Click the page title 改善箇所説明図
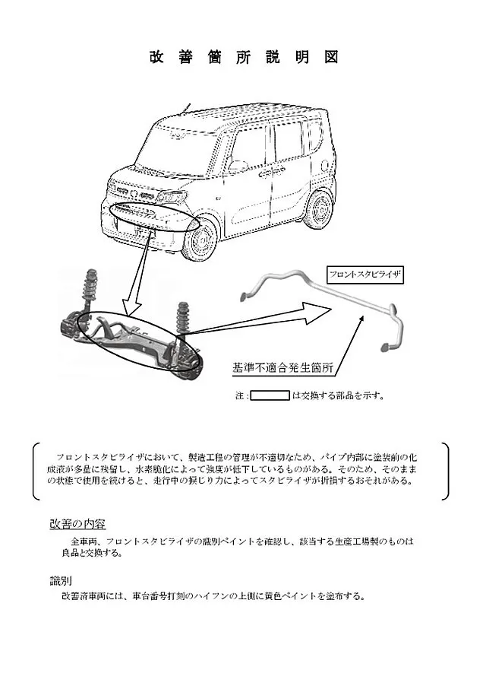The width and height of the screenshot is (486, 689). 244,57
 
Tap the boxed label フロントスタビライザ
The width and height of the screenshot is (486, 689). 365,275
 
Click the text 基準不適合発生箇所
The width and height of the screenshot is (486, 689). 282,367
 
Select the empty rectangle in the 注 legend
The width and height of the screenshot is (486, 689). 270,395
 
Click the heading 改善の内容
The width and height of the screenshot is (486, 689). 77,524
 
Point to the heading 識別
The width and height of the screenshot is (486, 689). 61,581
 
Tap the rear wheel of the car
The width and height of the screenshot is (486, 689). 319,210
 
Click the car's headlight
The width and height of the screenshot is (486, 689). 172,196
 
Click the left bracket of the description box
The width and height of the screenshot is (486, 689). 36,471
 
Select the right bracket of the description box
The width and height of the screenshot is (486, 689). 446,471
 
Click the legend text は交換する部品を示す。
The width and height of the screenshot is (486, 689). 338,395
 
